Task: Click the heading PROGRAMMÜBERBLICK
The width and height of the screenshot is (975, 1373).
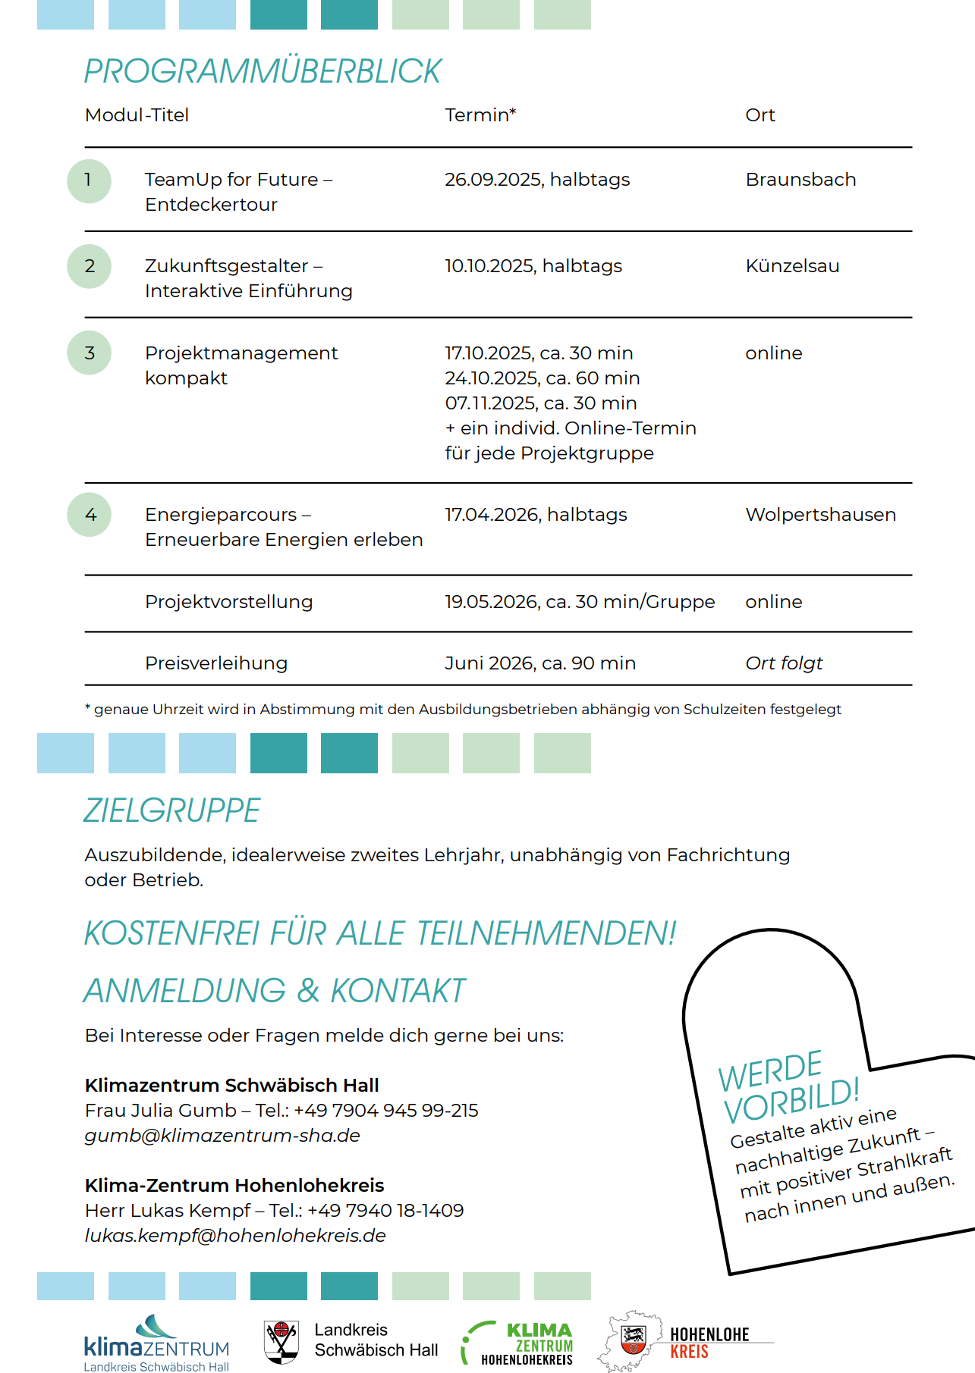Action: pyautogui.click(x=262, y=71)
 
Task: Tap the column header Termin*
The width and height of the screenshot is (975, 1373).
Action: pyautogui.click(x=480, y=115)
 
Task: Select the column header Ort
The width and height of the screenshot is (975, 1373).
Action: pyautogui.click(x=760, y=115)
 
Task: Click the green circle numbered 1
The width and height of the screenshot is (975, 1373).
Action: pyautogui.click(x=89, y=180)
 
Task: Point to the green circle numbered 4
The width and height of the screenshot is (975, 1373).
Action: pyautogui.click(x=90, y=515)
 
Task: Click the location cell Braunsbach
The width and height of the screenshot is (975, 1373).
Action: pyautogui.click(x=800, y=180)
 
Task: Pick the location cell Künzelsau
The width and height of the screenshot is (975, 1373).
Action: pyautogui.click(x=792, y=266)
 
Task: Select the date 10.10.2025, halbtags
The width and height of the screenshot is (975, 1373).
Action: pyautogui.click(x=533, y=266)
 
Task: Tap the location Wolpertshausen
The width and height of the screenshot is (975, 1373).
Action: pyautogui.click(x=820, y=515)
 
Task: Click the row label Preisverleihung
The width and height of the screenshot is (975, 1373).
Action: pyautogui.click(x=216, y=663)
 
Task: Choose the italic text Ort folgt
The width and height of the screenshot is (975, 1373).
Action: pyautogui.click(x=784, y=663)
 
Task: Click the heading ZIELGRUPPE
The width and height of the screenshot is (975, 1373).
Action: pyautogui.click(x=171, y=810)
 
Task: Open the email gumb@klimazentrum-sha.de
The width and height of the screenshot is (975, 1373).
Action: pyautogui.click(x=222, y=1136)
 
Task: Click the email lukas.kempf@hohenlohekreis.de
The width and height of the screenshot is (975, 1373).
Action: pyautogui.click(x=235, y=1236)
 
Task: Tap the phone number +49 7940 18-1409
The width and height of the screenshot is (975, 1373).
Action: pyautogui.click(x=385, y=1211)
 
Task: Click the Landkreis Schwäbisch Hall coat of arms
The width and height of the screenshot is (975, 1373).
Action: pyautogui.click(x=281, y=1341)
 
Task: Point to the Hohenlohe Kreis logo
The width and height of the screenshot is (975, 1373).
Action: pyautogui.click(x=683, y=1342)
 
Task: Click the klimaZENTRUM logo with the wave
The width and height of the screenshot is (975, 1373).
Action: pyautogui.click(x=156, y=1343)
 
